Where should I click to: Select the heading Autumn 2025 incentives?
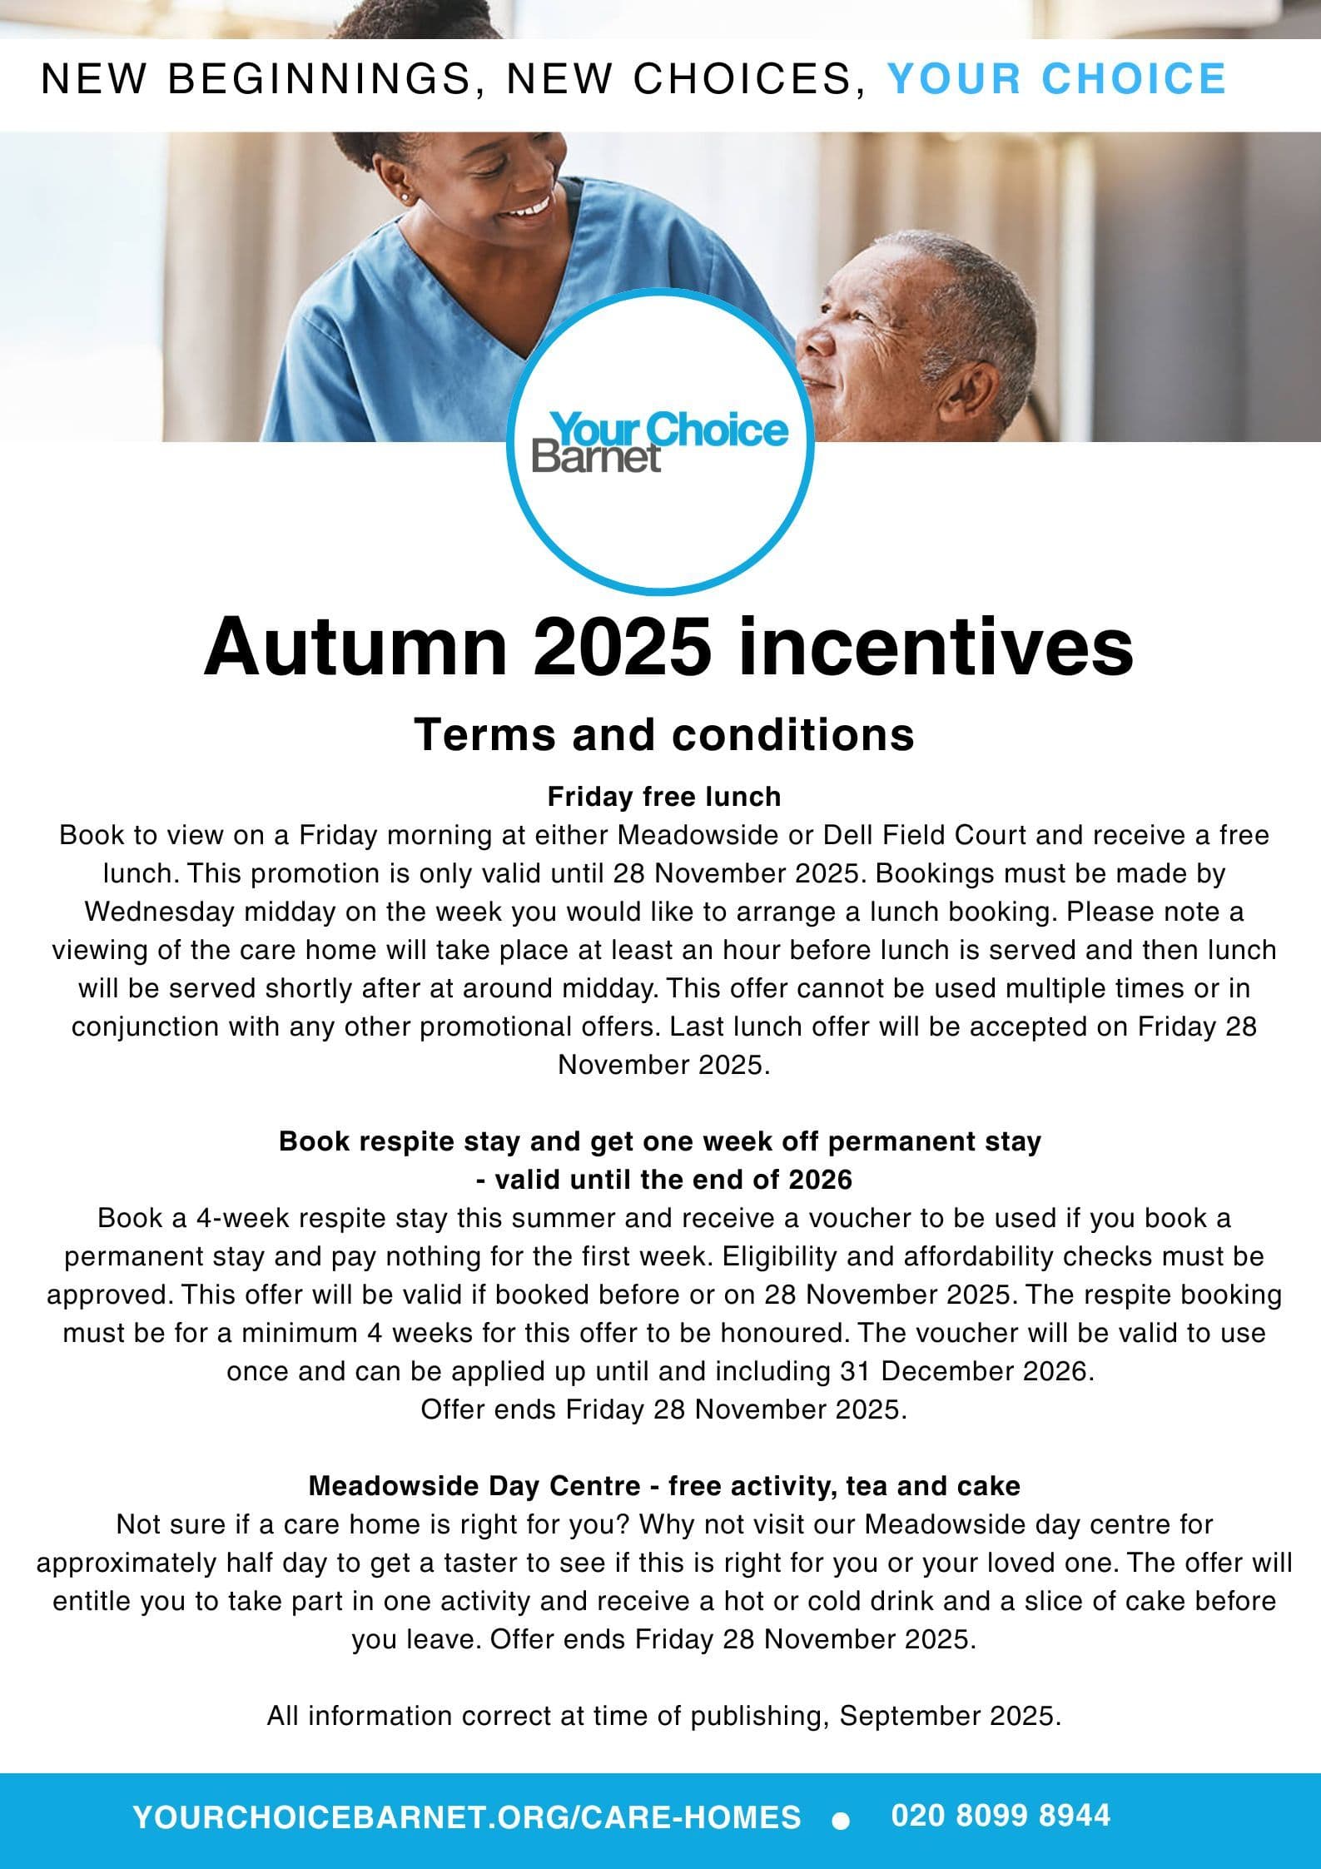coord(668,649)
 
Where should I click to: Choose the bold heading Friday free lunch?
coord(663,797)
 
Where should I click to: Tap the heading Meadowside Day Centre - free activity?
coord(663,1485)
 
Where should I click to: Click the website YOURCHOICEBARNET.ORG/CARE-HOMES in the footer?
coord(467,1816)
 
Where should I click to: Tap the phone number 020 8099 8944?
coord(1000,1814)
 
